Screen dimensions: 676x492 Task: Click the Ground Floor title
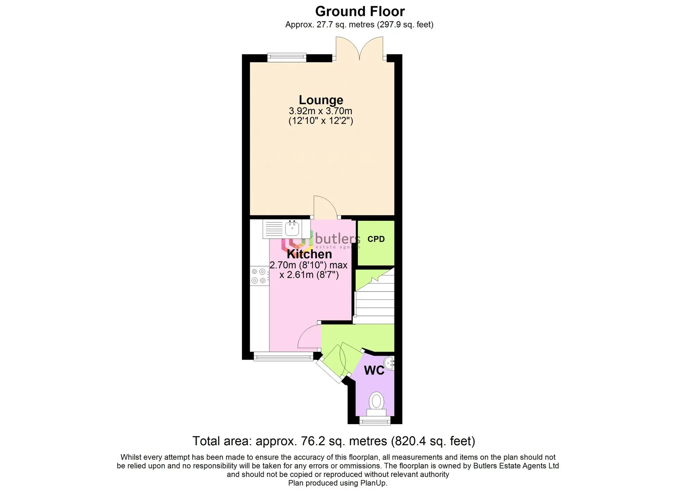click(360, 11)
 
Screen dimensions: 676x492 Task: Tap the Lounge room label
click(321, 100)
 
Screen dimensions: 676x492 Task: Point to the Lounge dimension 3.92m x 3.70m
click(320, 111)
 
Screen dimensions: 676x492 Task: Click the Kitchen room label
click(309, 254)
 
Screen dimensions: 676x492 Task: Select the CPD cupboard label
click(376, 239)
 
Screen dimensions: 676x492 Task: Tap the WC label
click(374, 370)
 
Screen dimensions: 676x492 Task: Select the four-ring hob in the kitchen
click(259, 276)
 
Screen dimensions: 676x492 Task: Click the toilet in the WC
click(376, 405)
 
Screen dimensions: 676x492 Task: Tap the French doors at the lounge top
click(359, 49)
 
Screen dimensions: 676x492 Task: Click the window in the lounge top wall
click(287, 57)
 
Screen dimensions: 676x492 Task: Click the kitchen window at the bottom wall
click(283, 357)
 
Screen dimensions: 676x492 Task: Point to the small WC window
click(375, 421)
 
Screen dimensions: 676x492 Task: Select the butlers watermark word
click(337, 238)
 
